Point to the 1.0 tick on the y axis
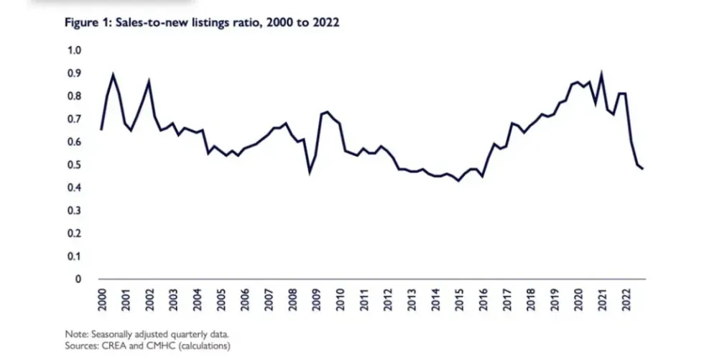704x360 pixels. click(74, 50)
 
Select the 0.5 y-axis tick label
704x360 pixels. click(74, 165)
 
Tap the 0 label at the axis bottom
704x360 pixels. click(78, 279)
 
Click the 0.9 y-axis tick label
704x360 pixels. click(74, 73)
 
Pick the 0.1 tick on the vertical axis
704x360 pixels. click(74, 256)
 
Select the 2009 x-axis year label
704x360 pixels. click(316, 297)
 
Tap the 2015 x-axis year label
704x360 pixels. click(459, 297)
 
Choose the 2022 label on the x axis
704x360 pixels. click(626, 297)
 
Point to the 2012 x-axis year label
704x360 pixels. click(388, 297)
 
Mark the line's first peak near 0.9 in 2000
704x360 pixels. click(114, 74)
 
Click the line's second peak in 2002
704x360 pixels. click(149, 81)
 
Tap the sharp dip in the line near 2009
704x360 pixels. click(310, 172)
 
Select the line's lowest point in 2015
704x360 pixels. click(458, 180)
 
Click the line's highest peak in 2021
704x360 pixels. click(601, 73)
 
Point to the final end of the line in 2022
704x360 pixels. click(642, 169)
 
